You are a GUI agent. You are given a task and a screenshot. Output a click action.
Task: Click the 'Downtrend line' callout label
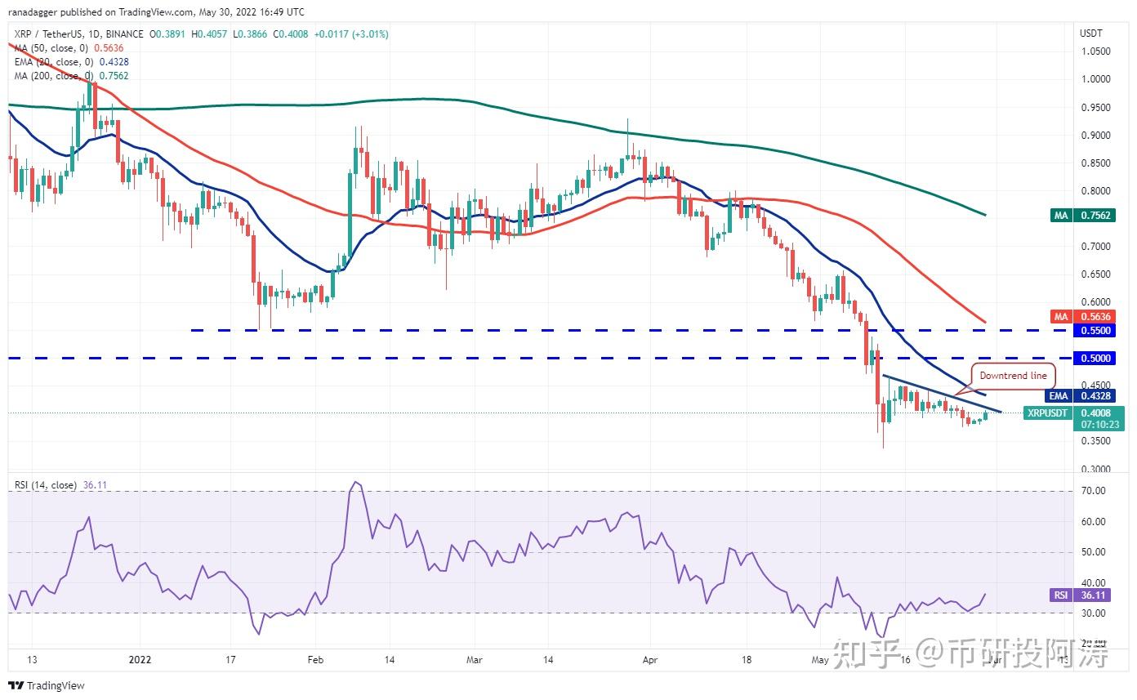point(1012,376)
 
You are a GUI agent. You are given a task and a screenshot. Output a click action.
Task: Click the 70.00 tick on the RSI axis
point(1093,490)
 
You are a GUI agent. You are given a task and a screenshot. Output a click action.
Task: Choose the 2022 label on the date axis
point(140,658)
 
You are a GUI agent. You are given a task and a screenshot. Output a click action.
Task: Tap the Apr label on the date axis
point(650,658)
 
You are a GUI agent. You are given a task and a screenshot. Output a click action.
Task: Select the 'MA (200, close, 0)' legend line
point(71,76)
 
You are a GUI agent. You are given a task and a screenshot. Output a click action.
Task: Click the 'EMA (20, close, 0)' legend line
point(71,62)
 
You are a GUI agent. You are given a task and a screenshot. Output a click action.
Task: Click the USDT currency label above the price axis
point(1091,33)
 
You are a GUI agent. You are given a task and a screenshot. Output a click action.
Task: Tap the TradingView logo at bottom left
point(47,685)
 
